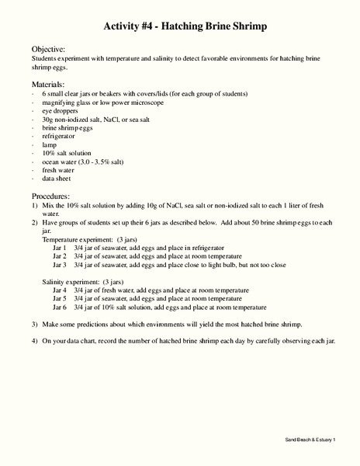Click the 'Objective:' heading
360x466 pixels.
[x=48, y=48]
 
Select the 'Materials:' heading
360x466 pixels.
[x=48, y=82]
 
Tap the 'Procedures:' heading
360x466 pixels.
[x=51, y=196]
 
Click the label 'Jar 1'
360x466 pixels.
[x=60, y=249]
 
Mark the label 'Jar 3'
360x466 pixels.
[x=60, y=265]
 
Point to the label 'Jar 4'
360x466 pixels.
[x=60, y=290]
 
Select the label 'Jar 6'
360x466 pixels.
[x=60, y=306]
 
